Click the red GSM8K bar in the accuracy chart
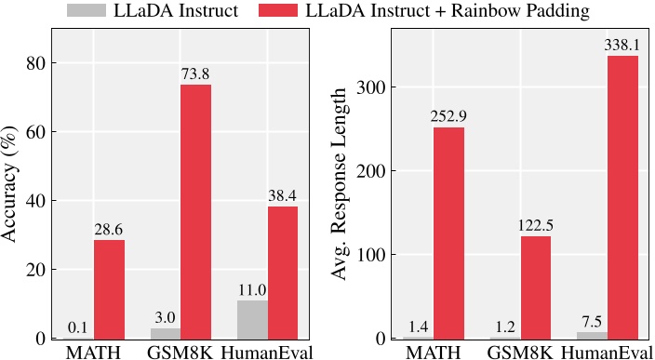click(195, 211)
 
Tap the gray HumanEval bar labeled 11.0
click(252, 319)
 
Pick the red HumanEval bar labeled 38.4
click(283, 272)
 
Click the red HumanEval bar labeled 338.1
click(622, 196)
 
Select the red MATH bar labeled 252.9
click(448, 233)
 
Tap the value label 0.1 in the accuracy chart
click(78, 328)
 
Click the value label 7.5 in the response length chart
click(591, 322)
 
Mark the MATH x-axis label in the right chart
click(433, 352)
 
